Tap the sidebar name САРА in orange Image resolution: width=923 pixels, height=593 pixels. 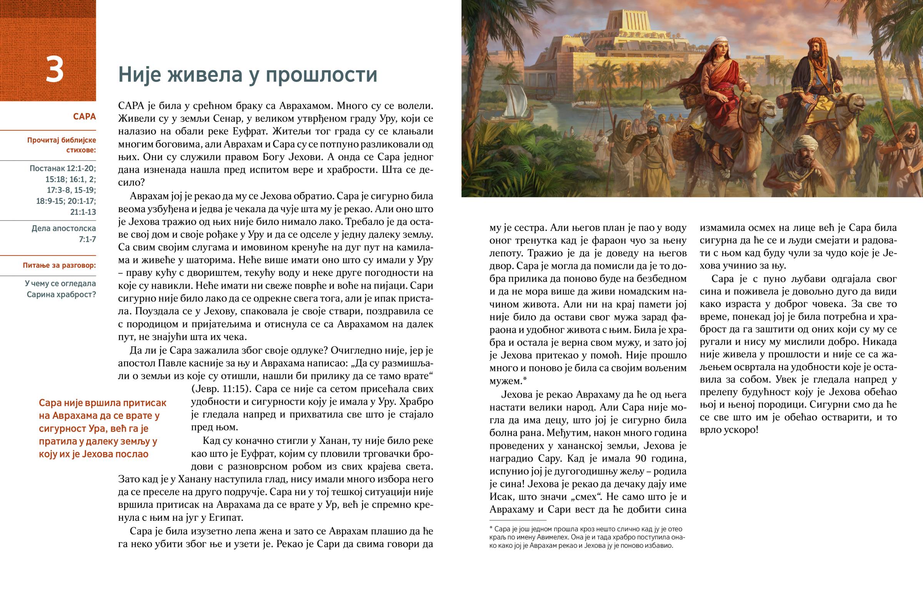84,116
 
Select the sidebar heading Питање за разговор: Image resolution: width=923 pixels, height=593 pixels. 59,265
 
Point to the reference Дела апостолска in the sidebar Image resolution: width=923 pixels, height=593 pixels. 63,228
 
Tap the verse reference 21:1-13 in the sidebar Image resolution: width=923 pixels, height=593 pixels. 83,212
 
